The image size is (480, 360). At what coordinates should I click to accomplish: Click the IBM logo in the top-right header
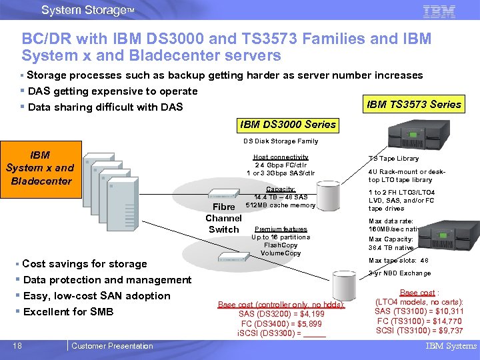click(439, 11)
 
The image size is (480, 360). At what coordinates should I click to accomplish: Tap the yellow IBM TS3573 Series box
click(414, 104)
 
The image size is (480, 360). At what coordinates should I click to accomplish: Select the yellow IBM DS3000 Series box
click(288, 125)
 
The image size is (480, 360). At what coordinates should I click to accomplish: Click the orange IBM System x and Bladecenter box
click(40, 168)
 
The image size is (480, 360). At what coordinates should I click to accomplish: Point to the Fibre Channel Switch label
click(223, 219)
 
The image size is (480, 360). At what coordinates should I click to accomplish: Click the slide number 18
click(18, 345)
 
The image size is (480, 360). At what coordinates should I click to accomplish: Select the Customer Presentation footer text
click(112, 345)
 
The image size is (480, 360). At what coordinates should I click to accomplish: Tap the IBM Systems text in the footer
click(451, 345)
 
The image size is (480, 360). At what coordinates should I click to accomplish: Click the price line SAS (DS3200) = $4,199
click(281, 314)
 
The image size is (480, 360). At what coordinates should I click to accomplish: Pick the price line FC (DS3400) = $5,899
click(281, 323)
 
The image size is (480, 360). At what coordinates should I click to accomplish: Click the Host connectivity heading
click(280, 157)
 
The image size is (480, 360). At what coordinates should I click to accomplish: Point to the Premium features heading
click(281, 229)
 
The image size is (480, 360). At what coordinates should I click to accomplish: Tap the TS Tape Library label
click(393, 159)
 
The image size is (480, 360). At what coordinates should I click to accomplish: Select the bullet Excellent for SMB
click(68, 312)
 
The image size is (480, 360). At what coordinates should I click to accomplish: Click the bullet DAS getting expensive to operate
click(110, 91)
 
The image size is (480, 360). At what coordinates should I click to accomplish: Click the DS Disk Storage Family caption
click(280, 141)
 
